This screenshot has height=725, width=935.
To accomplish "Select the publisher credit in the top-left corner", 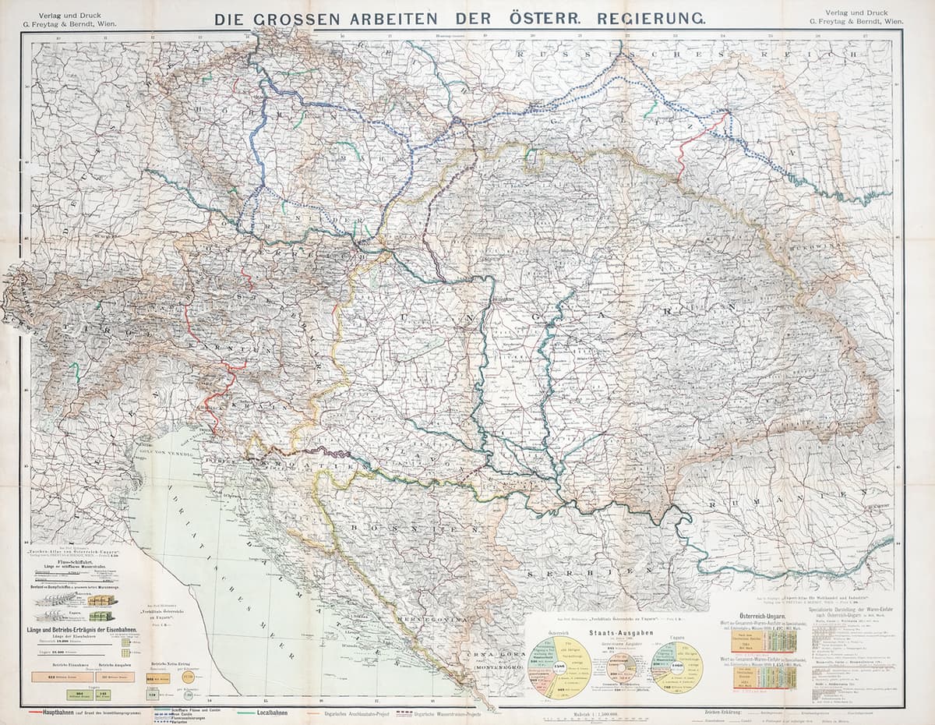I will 68,16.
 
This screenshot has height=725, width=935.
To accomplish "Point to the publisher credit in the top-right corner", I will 863,16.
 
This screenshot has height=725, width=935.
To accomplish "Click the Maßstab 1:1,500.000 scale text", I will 596,711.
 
